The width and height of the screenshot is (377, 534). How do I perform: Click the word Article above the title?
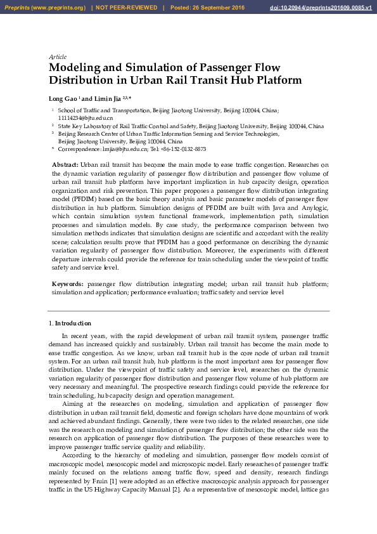tap(58, 57)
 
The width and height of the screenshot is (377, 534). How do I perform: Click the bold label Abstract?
tap(65, 165)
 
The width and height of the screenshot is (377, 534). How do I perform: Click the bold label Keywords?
tap(67, 285)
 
